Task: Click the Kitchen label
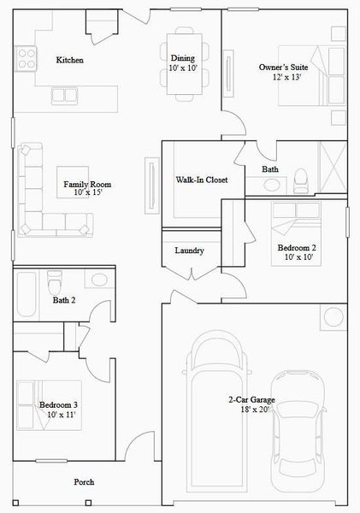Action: click(x=69, y=60)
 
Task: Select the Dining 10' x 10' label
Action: click(x=183, y=62)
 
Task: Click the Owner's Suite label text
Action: click(x=283, y=71)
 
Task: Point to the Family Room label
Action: click(x=87, y=189)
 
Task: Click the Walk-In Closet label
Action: click(x=201, y=180)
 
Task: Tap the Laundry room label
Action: click(x=188, y=251)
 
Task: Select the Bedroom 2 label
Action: click(x=297, y=253)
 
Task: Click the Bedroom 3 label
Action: click(x=58, y=410)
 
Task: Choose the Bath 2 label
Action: click(x=64, y=300)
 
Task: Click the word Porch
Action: click(x=84, y=482)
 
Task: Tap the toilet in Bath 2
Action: click(x=56, y=282)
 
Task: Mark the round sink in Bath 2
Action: click(x=98, y=280)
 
